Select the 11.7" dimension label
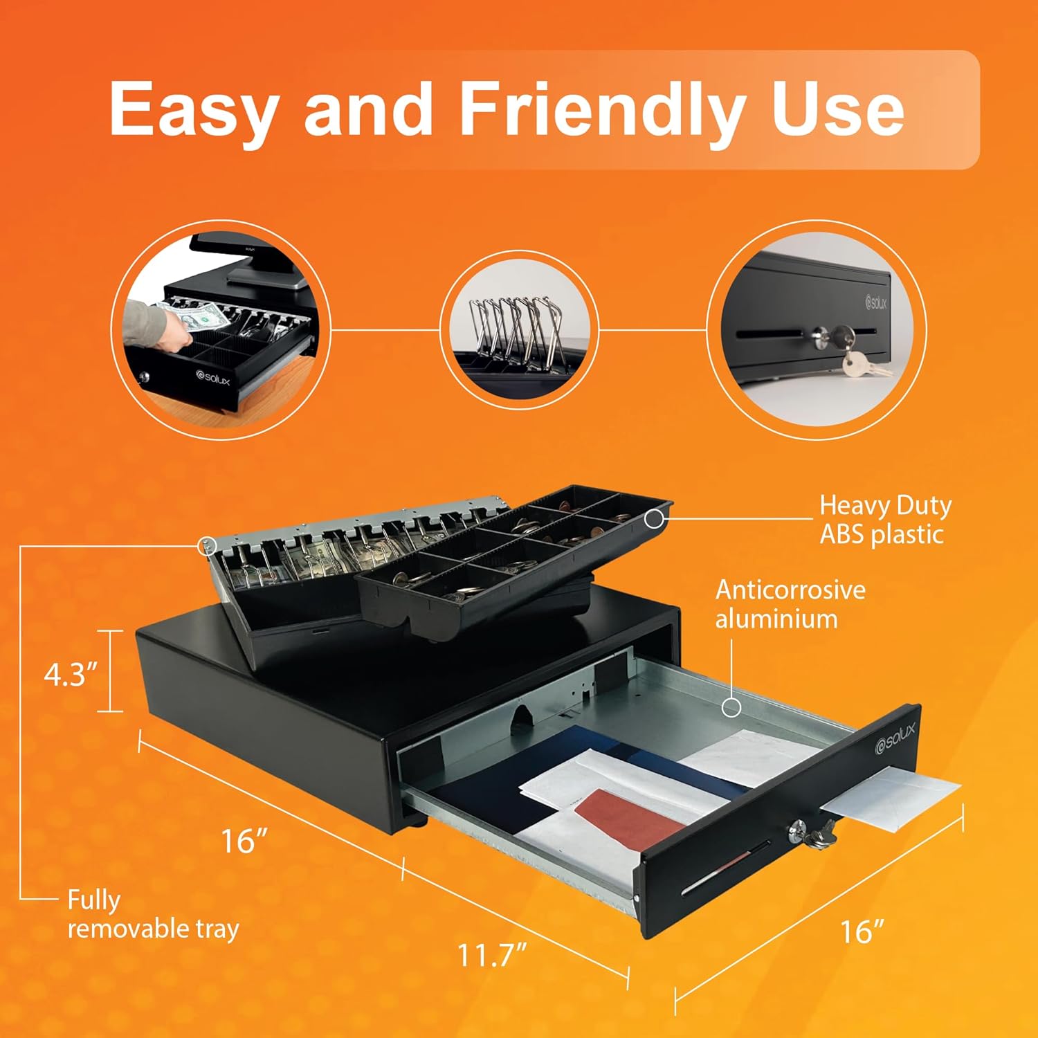click(492, 956)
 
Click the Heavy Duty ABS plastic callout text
click(884, 520)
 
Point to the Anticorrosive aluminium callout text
click(790, 604)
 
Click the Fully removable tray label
click(152, 914)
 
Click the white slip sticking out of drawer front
click(893, 795)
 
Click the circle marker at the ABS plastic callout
click(653, 519)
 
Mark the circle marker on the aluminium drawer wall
click(731, 707)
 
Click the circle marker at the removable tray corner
click(204, 545)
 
